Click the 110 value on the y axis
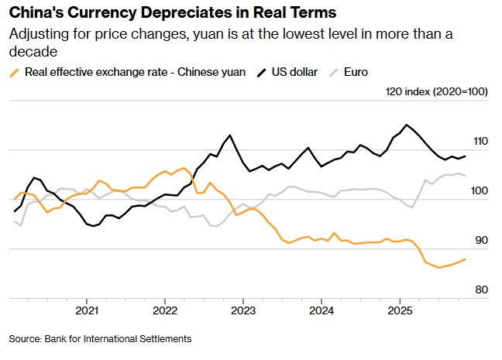pos(480,142)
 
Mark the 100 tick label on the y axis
pos(480,191)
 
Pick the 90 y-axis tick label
pos(482,241)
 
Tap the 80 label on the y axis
pos(482,290)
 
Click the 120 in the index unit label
pos(394,92)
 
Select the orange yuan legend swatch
pos(13,73)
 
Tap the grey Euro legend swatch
pos(334,73)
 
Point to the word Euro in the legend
pos(356,73)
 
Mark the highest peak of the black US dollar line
pos(407,124)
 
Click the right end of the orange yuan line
pos(465,259)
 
